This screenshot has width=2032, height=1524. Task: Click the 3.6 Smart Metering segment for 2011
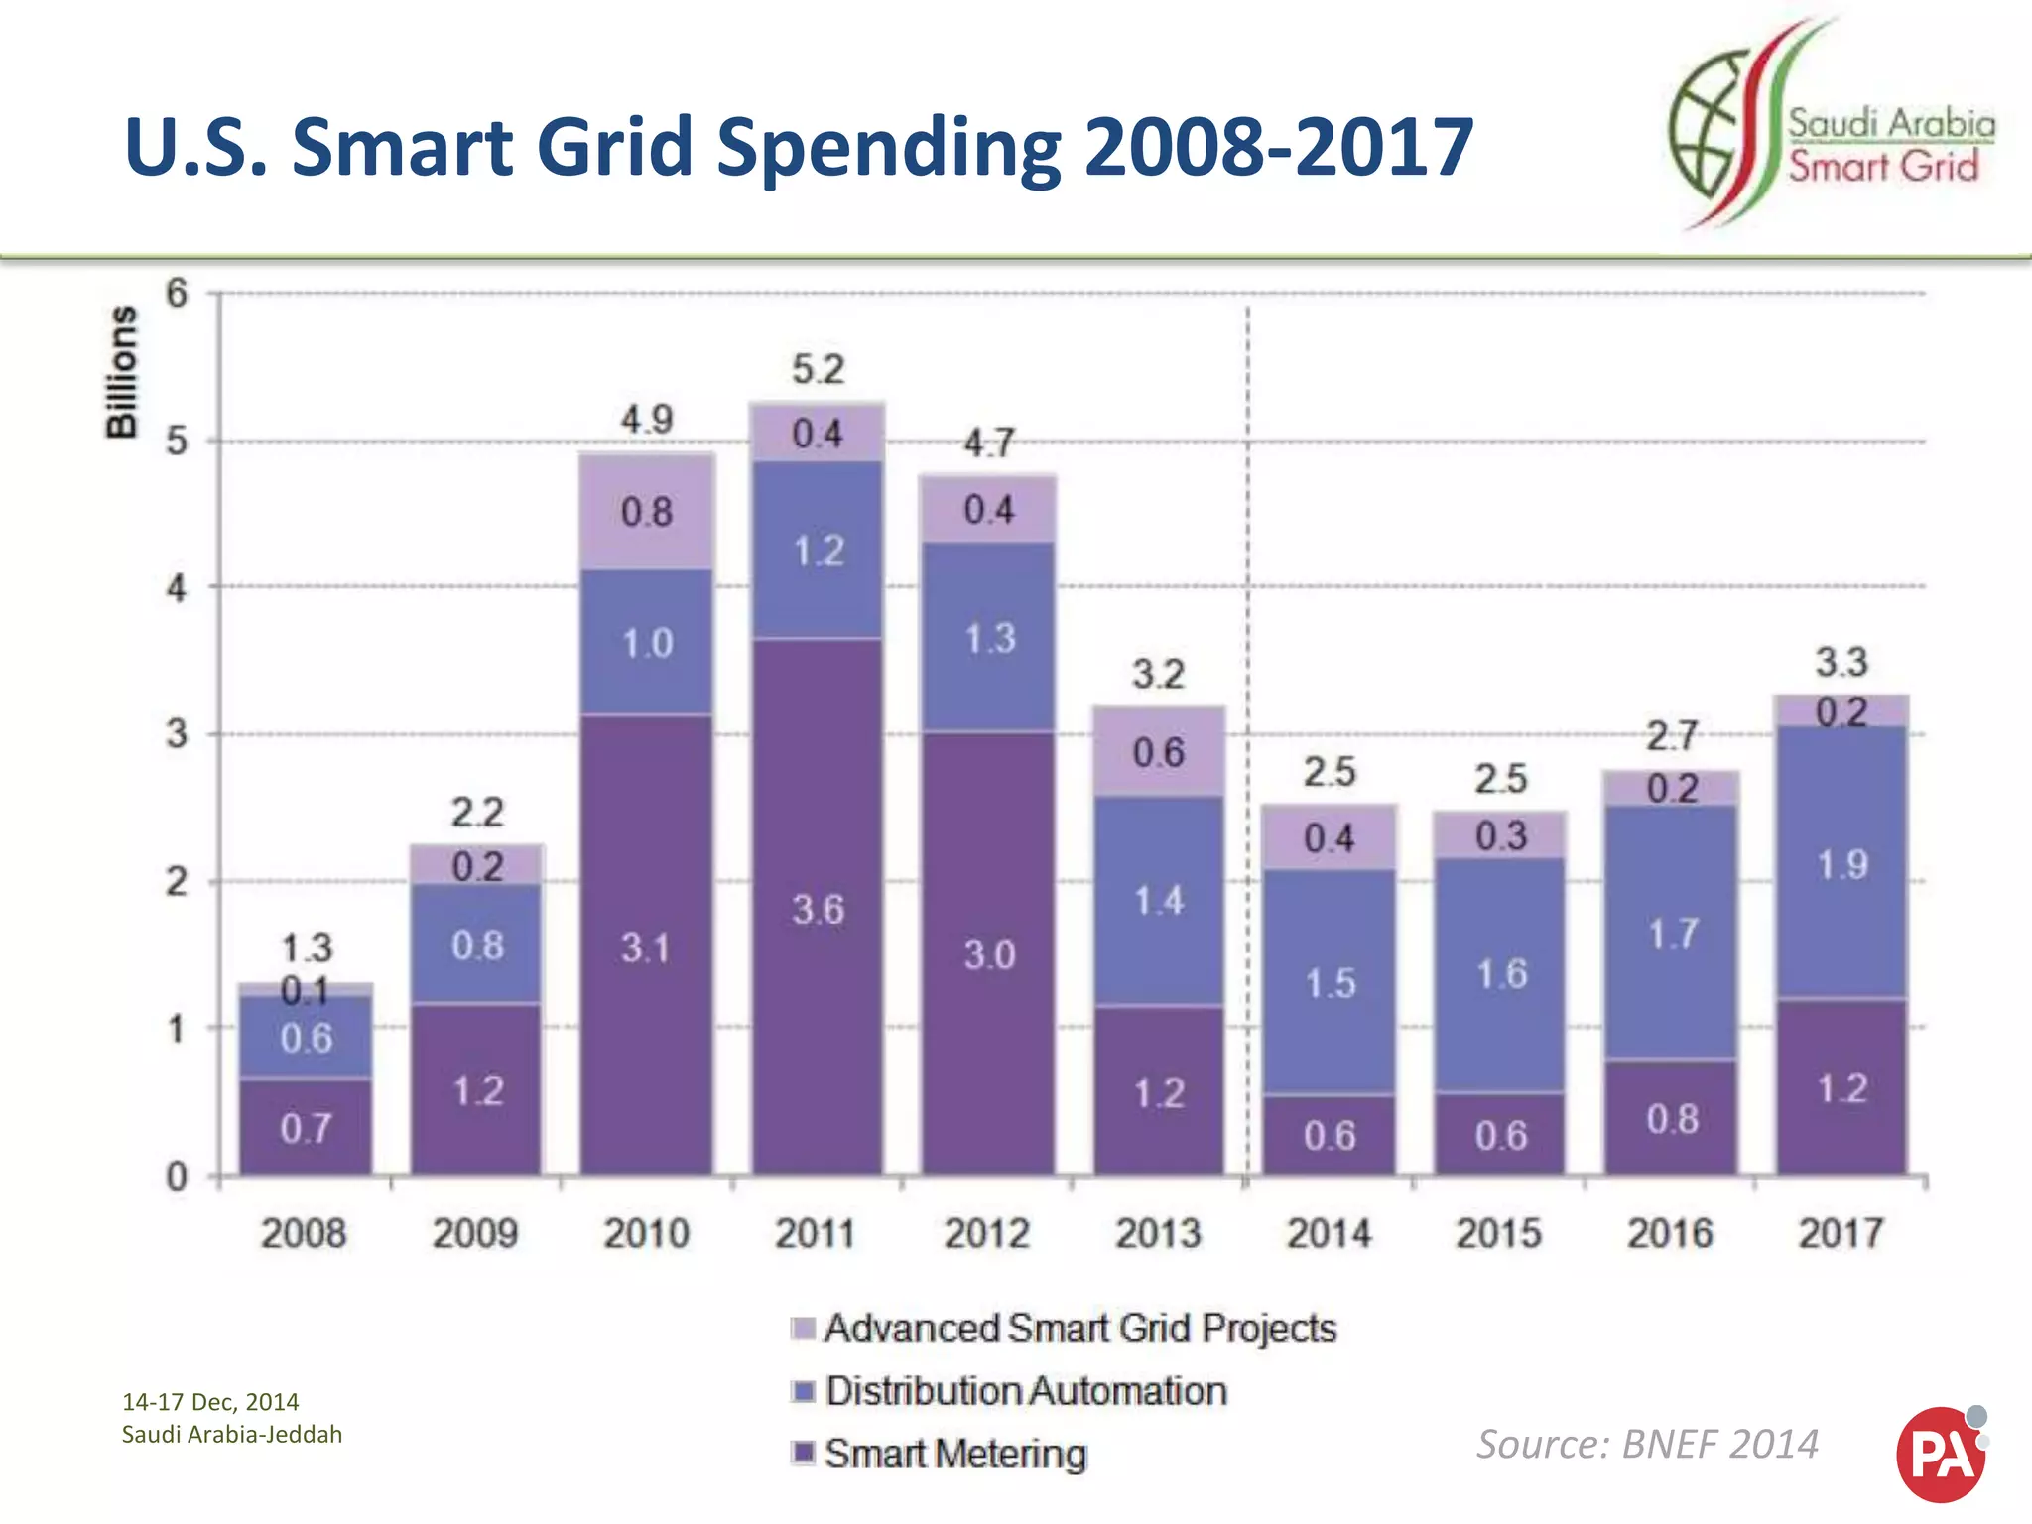(818, 908)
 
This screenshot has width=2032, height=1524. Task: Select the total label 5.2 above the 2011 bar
(818, 369)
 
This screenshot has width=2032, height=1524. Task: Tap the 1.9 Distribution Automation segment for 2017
(1842, 863)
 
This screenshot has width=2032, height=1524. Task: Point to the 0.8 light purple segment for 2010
(647, 512)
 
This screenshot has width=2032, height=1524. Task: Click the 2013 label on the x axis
(1158, 1233)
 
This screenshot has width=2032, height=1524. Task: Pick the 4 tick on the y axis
(177, 588)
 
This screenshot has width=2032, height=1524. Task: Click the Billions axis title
(121, 371)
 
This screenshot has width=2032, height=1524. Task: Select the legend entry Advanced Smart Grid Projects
(1079, 1328)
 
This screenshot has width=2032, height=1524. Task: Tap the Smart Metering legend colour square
(804, 1453)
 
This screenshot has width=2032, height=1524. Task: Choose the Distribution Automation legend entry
(1026, 1390)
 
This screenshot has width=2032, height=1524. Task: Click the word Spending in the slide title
(888, 147)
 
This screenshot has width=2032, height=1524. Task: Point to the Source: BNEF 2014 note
(1647, 1444)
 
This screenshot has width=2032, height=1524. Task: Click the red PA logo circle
(1939, 1455)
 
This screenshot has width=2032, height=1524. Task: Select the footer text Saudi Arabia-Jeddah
(231, 1434)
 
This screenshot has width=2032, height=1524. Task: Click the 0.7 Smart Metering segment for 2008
(306, 1128)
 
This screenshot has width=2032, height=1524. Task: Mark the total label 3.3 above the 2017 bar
(1841, 662)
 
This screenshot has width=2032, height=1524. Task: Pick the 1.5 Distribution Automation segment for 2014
(1330, 982)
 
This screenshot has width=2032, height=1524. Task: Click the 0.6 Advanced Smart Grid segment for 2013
(1159, 752)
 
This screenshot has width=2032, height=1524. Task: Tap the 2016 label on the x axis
(1670, 1233)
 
